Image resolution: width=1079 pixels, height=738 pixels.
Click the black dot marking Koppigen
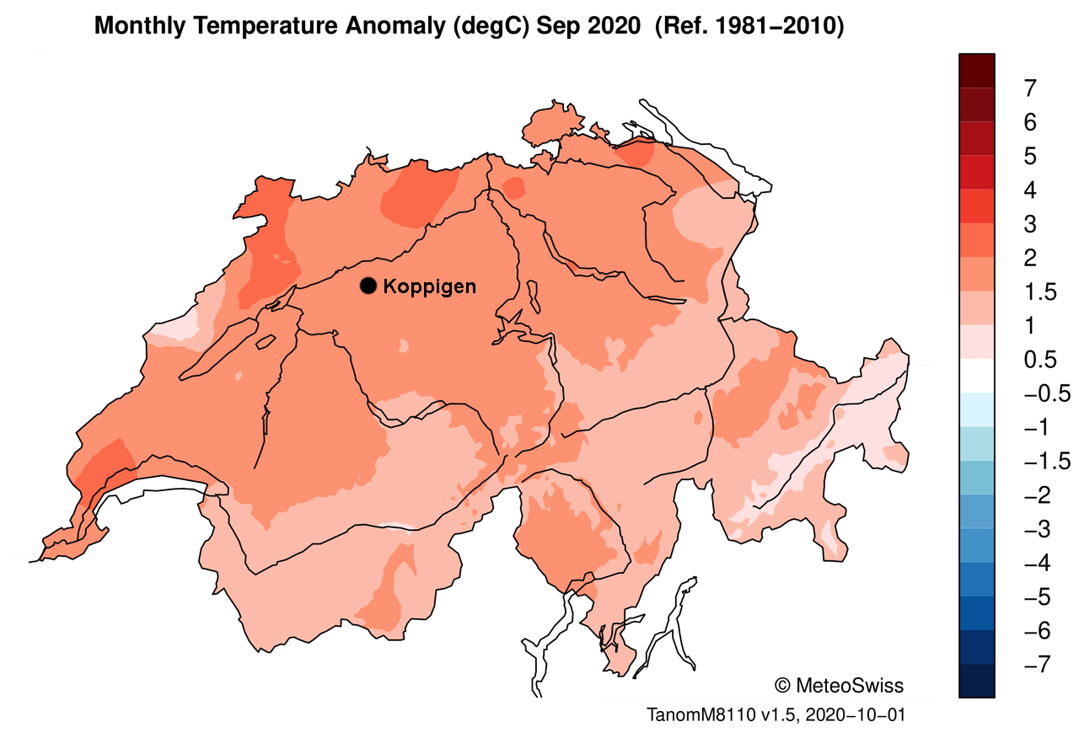tap(368, 286)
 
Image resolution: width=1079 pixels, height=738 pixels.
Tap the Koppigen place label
tap(429, 286)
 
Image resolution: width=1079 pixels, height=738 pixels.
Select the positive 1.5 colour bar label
tap(1036, 292)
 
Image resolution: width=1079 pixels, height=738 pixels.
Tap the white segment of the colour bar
tap(976, 376)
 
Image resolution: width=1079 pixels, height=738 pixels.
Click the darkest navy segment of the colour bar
tap(976, 681)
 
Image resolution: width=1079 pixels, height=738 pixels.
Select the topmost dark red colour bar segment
tap(976, 70)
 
